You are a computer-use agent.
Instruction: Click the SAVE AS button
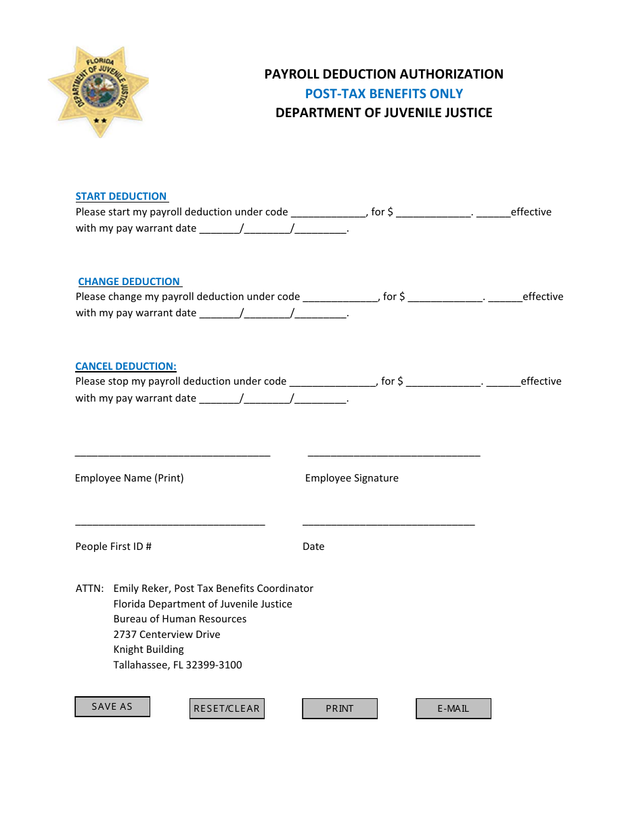click(112, 706)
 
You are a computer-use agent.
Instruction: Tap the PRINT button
click(340, 708)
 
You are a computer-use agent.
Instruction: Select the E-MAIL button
click(453, 708)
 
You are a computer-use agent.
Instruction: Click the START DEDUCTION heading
click(121, 196)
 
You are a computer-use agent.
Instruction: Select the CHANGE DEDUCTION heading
click(129, 282)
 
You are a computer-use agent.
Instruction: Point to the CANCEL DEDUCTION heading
click(126, 366)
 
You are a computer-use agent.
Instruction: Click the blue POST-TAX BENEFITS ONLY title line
click(384, 93)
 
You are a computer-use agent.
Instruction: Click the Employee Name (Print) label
click(129, 478)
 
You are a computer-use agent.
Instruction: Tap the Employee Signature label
click(352, 478)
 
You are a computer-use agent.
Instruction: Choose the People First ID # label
click(113, 547)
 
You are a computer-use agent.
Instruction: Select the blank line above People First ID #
click(170, 523)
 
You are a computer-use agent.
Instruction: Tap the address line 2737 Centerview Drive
click(167, 635)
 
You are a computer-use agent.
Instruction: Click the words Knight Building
click(148, 649)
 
